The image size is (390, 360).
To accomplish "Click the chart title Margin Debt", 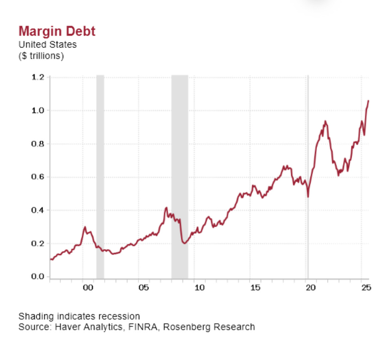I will point(57,31).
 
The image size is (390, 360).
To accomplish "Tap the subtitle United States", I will point(48,45).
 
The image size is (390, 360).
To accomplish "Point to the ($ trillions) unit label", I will point(41,56).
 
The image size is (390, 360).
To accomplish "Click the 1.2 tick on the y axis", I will point(38,77).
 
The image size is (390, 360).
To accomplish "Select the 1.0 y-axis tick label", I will point(38,110).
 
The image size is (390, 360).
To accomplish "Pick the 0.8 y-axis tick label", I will point(38,144).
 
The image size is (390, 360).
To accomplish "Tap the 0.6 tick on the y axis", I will point(38,177).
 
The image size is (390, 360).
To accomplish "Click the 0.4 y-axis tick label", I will point(38,210).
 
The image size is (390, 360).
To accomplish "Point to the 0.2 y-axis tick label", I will point(38,243).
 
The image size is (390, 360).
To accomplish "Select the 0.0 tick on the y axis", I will point(38,276).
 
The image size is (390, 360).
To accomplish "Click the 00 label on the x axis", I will point(88,288).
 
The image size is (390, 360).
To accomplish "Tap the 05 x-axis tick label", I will point(144,288).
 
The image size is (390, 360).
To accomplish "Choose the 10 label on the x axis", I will point(199,288).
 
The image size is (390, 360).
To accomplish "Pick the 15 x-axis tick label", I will point(255,288).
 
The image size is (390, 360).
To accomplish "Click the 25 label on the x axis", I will point(366,288).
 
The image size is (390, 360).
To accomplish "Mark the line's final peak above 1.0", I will point(368,100).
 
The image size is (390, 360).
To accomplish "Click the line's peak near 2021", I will point(325,121).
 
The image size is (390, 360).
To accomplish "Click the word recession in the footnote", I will point(121,316).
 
